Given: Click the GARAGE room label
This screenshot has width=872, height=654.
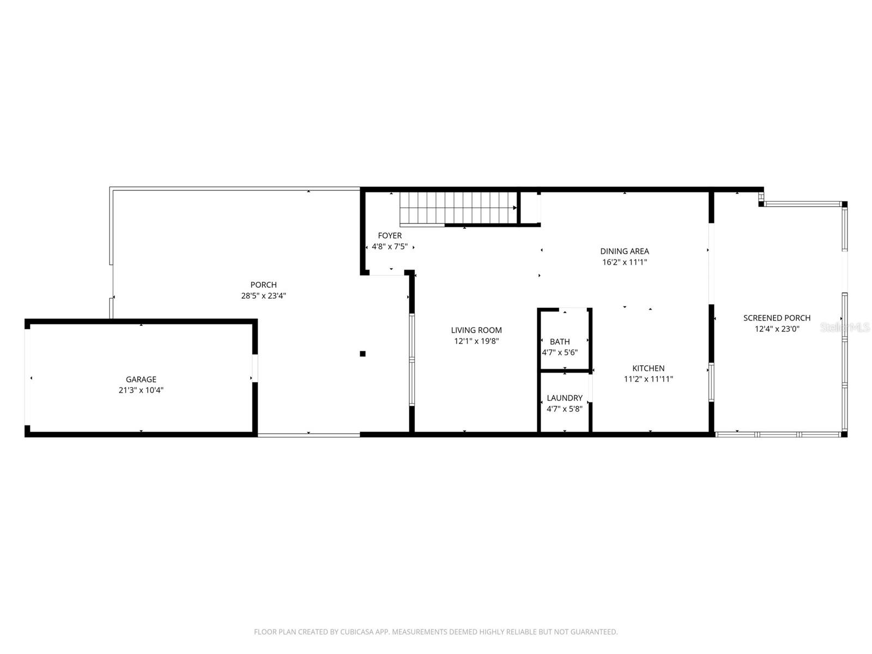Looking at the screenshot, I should pyautogui.click(x=141, y=379).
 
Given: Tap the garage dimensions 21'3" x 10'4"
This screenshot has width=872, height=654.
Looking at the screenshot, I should pyautogui.click(x=141, y=390).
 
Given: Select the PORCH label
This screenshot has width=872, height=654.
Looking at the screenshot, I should pyautogui.click(x=263, y=284).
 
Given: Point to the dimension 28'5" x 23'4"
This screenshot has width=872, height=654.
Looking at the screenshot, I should pyautogui.click(x=263, y=296).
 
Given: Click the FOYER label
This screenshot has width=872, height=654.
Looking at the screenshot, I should pyautogui.click(x=390, y=235).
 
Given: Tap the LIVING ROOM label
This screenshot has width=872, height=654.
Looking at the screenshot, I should pyautogui.click(x=476, y=330).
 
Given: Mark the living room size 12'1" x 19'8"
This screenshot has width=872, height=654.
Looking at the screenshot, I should pyautogui.click(x=476, y=341).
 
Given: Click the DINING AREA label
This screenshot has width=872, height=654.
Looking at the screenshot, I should pyautogui.click(x=625, y=251).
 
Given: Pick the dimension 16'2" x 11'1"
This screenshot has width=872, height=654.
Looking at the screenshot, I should pyautogui.click(x=625, y=262).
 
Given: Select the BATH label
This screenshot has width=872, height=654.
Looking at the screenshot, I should pyautogui.click(x=560, y=342).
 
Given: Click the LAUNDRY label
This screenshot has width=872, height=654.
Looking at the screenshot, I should pyautogui.click(x=565, y=398).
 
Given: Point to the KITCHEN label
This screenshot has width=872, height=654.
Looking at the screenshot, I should pyautogui.click(x=648, y=368).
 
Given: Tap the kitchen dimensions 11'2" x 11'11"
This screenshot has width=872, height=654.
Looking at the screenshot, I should pyautogui.click(x=648, y=379).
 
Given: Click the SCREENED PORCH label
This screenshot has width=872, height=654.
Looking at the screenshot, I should pyautogui.click(x=777, y=318).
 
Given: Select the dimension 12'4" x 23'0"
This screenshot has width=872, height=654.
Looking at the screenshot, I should pyautogui.click(x=777, y=329).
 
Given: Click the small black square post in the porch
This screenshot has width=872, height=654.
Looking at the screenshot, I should pyautogui.click(x=362, y=354).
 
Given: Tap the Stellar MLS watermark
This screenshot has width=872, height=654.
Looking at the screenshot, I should pyautogui.click(x=845, y=327).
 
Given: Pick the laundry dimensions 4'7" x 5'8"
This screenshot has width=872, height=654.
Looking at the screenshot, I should pyautogui.click(x=565, y=409).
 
